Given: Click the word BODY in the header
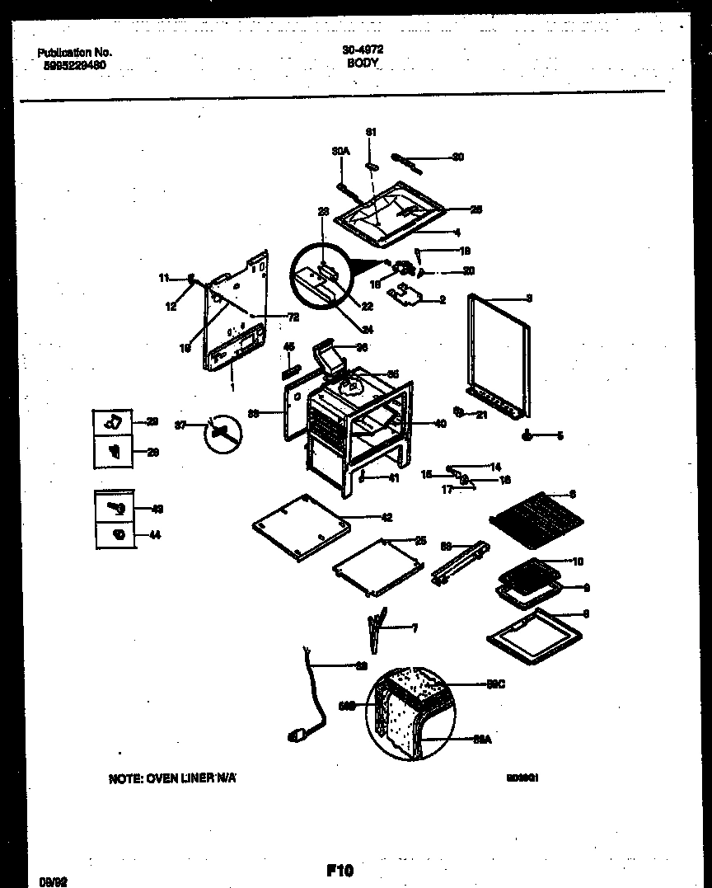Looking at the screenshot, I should click(363, 62).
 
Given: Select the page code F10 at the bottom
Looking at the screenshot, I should click(340, 870).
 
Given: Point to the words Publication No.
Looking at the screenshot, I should click(75, 52).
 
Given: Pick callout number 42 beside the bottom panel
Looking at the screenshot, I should click(386, 518).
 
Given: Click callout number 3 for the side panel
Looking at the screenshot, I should click(530, 298).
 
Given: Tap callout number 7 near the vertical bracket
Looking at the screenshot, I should click(415, 628).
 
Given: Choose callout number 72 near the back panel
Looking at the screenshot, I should click(293, 317).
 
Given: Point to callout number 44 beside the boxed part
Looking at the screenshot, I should click(155, 536).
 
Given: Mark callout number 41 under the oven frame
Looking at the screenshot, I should click(393, 477).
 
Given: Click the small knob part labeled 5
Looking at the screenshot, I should click(527, 435).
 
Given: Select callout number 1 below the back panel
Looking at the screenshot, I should click(232, 387).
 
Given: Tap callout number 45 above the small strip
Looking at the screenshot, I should click(289, 346).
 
